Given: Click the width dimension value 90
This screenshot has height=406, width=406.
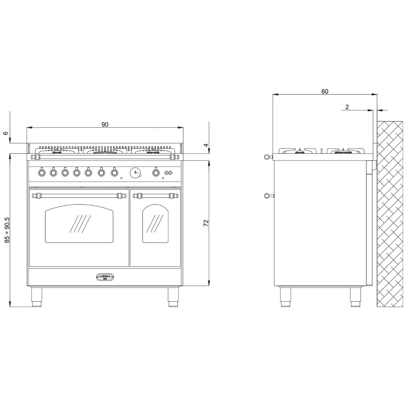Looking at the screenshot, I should tap(105, 124).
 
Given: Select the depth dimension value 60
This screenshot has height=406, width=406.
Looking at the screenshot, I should tap(325, 91).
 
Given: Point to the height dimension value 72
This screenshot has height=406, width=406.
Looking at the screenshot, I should tap(206, 223).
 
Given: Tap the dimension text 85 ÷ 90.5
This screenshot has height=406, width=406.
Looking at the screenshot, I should tap(7, 230).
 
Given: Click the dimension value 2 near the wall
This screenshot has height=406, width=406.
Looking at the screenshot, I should tap(347, 107).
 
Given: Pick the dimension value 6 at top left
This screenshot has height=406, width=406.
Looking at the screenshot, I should tap(5, 133).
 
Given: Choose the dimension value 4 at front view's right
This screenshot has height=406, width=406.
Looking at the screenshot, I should tap(206, 145).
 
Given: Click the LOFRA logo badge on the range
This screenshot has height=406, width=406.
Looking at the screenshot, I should tap(105, 277).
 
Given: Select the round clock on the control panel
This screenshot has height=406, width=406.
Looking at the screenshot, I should tap(135, 173).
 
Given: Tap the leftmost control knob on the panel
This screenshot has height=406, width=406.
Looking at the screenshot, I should tap(42, 172).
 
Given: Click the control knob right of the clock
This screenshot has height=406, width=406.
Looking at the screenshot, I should tap(156, 172).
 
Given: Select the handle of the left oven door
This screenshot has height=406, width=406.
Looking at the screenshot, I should tap(79, 195).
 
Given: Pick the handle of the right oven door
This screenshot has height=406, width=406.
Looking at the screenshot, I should tap(155, 195).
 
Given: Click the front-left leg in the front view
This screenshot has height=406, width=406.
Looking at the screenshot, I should tap(36, 297).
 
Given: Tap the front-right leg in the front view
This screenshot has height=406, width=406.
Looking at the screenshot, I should tap(173, 297).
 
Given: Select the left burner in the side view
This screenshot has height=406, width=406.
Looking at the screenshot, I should tap(299, 151).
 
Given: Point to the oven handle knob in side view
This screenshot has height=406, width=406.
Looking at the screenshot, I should tap(267, 195).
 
